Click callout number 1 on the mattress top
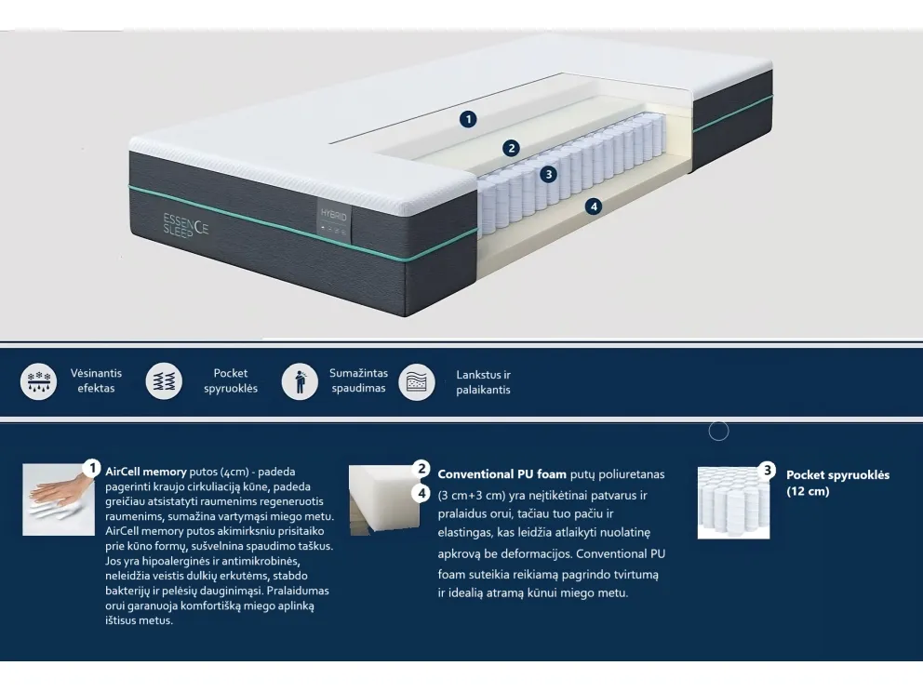tap(468, 118)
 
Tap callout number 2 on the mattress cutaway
tap(511, 148)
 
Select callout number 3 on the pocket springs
tap(549, 174)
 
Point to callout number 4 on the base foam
tap(594, 206)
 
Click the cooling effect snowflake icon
tap(38, 381)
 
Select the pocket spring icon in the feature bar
tap(165, 381)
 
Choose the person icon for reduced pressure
tap(300, 381)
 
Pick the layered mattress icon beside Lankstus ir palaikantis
tap(417, 381)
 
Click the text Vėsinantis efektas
tap(96, 380)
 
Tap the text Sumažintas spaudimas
tap(358, 380)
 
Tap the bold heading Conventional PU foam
tap(502, 474)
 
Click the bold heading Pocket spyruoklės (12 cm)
tap(837, 483)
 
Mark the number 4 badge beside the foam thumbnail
tap(421, 493)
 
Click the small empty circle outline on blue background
tap(718, 431)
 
